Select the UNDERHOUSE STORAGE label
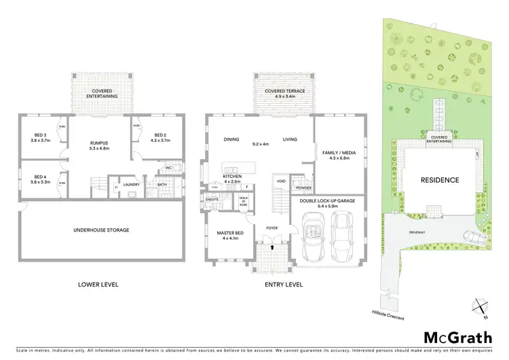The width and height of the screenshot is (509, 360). tap(101, 230)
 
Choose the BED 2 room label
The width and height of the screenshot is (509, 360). tap(159, 137)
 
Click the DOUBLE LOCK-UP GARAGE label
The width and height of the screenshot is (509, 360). tap(328, 201)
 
